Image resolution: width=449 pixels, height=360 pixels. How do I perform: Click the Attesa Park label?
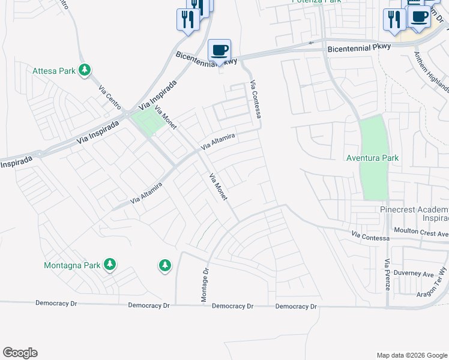[x=54, y=71]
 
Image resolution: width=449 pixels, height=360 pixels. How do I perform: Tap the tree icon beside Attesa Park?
[x=85, y=71]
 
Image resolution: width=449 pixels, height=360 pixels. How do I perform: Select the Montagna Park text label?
[x=72, y=265]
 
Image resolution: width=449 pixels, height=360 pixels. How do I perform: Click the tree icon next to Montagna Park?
[x=109, y=264]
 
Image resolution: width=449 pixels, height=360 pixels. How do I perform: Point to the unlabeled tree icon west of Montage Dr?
[x=164, y=265]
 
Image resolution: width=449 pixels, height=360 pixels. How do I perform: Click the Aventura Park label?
[x=373, y=158]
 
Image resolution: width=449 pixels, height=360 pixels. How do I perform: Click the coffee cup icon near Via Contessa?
[x=219, y=50]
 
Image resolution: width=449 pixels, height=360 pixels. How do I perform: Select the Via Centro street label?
[x=110, y=96]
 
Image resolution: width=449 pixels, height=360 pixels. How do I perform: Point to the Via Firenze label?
[x=388, y=275]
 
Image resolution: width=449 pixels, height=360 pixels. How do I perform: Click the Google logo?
[x=20, y=352]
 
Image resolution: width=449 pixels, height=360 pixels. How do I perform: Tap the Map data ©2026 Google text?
[x=411, y=355]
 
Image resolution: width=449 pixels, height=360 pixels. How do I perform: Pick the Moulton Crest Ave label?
[x=420, y=230]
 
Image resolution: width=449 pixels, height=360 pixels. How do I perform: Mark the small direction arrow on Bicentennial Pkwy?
[x=310, y=43]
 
